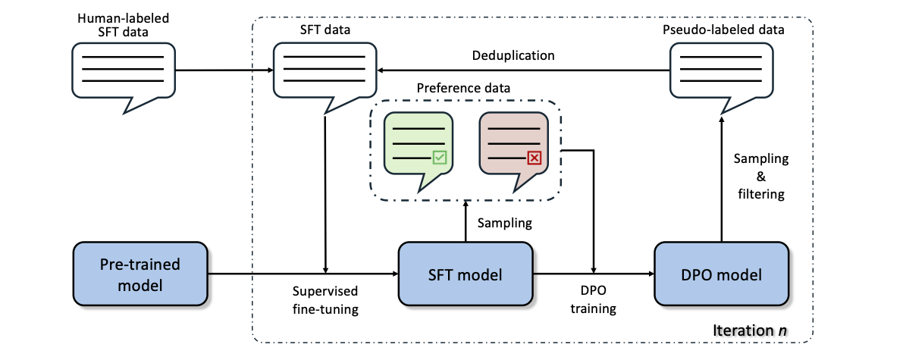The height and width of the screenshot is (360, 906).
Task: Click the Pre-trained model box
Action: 140,274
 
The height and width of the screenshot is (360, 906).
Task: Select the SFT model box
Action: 466,274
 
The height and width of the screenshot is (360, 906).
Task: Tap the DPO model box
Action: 720,274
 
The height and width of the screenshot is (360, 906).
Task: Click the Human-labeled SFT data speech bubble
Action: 123,75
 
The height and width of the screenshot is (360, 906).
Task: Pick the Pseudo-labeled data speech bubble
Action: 720,75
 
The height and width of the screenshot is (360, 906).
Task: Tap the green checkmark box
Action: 440,157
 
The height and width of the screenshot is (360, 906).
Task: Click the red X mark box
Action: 535,157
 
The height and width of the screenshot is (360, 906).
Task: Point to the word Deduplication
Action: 514,56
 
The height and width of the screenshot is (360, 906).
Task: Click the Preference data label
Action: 464,89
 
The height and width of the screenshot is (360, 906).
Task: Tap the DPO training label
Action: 594,300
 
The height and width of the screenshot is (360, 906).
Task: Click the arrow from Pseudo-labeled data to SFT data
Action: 523,70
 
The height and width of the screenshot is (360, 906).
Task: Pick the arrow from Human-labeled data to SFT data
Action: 224,70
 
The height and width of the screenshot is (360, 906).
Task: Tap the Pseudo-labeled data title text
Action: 723,30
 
